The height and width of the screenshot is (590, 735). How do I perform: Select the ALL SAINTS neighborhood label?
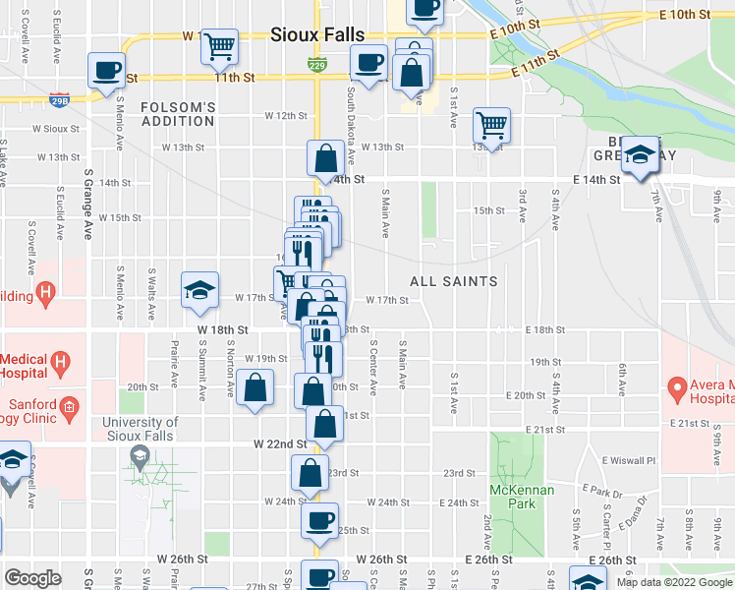pos(455,281)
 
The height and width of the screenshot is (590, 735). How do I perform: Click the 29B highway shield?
pos(58,100)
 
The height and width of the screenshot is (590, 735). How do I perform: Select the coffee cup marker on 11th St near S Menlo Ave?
pos(106,70)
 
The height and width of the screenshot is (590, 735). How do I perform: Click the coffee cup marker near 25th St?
pos(318,521)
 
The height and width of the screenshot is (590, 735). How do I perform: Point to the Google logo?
pos(32,578)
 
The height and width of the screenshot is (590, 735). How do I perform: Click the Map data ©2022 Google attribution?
pos(673,582)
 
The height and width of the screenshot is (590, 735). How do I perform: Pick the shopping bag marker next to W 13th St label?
pos(325,157)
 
